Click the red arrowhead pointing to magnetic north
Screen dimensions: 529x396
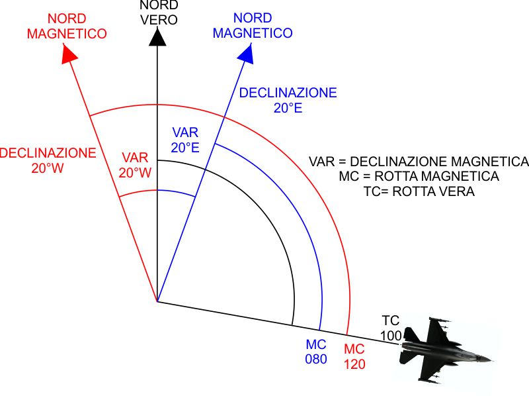69,54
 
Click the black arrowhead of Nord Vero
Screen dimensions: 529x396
157,37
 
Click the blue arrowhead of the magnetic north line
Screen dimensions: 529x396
247,54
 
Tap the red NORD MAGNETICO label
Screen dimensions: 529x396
67,26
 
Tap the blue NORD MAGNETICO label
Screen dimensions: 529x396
253,25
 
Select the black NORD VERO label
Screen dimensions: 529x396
159,13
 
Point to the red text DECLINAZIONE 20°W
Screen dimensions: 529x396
48,160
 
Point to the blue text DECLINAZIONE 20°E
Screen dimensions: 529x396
288,101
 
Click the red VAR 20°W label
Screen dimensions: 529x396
135,166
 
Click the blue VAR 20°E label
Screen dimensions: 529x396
185,140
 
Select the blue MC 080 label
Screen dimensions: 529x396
316,352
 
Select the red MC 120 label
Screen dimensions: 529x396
354,356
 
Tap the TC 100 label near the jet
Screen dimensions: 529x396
391,328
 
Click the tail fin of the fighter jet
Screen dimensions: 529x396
411,334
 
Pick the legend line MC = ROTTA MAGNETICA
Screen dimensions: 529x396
419,176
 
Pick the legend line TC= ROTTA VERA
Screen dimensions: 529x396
419,191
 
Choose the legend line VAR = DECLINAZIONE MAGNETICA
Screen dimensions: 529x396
419,162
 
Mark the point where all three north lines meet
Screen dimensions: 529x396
157,301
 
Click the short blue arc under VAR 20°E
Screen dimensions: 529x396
177,192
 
